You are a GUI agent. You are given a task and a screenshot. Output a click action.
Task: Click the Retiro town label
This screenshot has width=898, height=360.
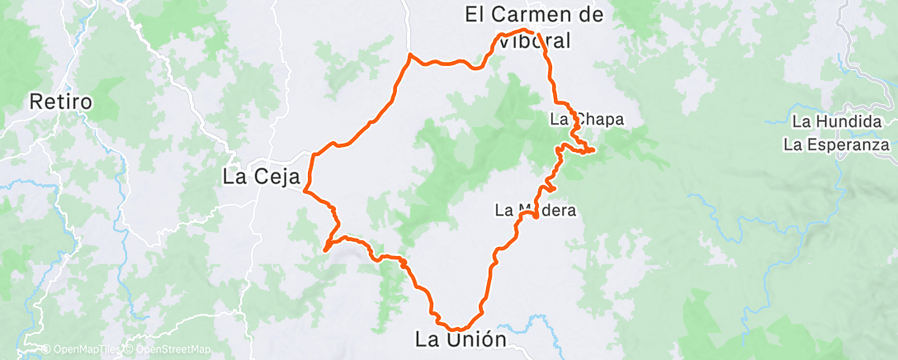pos(59,102)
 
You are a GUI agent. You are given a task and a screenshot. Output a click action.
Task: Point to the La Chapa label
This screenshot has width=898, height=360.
pos(586,120)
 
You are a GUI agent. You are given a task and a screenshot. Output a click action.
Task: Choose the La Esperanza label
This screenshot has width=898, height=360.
pos(837,145)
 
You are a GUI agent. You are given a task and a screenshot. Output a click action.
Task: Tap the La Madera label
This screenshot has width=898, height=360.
pos(535,210)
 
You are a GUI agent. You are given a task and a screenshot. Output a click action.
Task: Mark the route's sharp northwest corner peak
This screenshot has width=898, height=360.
pos(410,54)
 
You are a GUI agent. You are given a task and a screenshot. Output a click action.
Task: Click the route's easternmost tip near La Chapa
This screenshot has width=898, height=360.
pos(593,150)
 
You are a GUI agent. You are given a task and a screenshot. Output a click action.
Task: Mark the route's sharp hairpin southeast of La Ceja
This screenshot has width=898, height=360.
pos(326,249)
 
